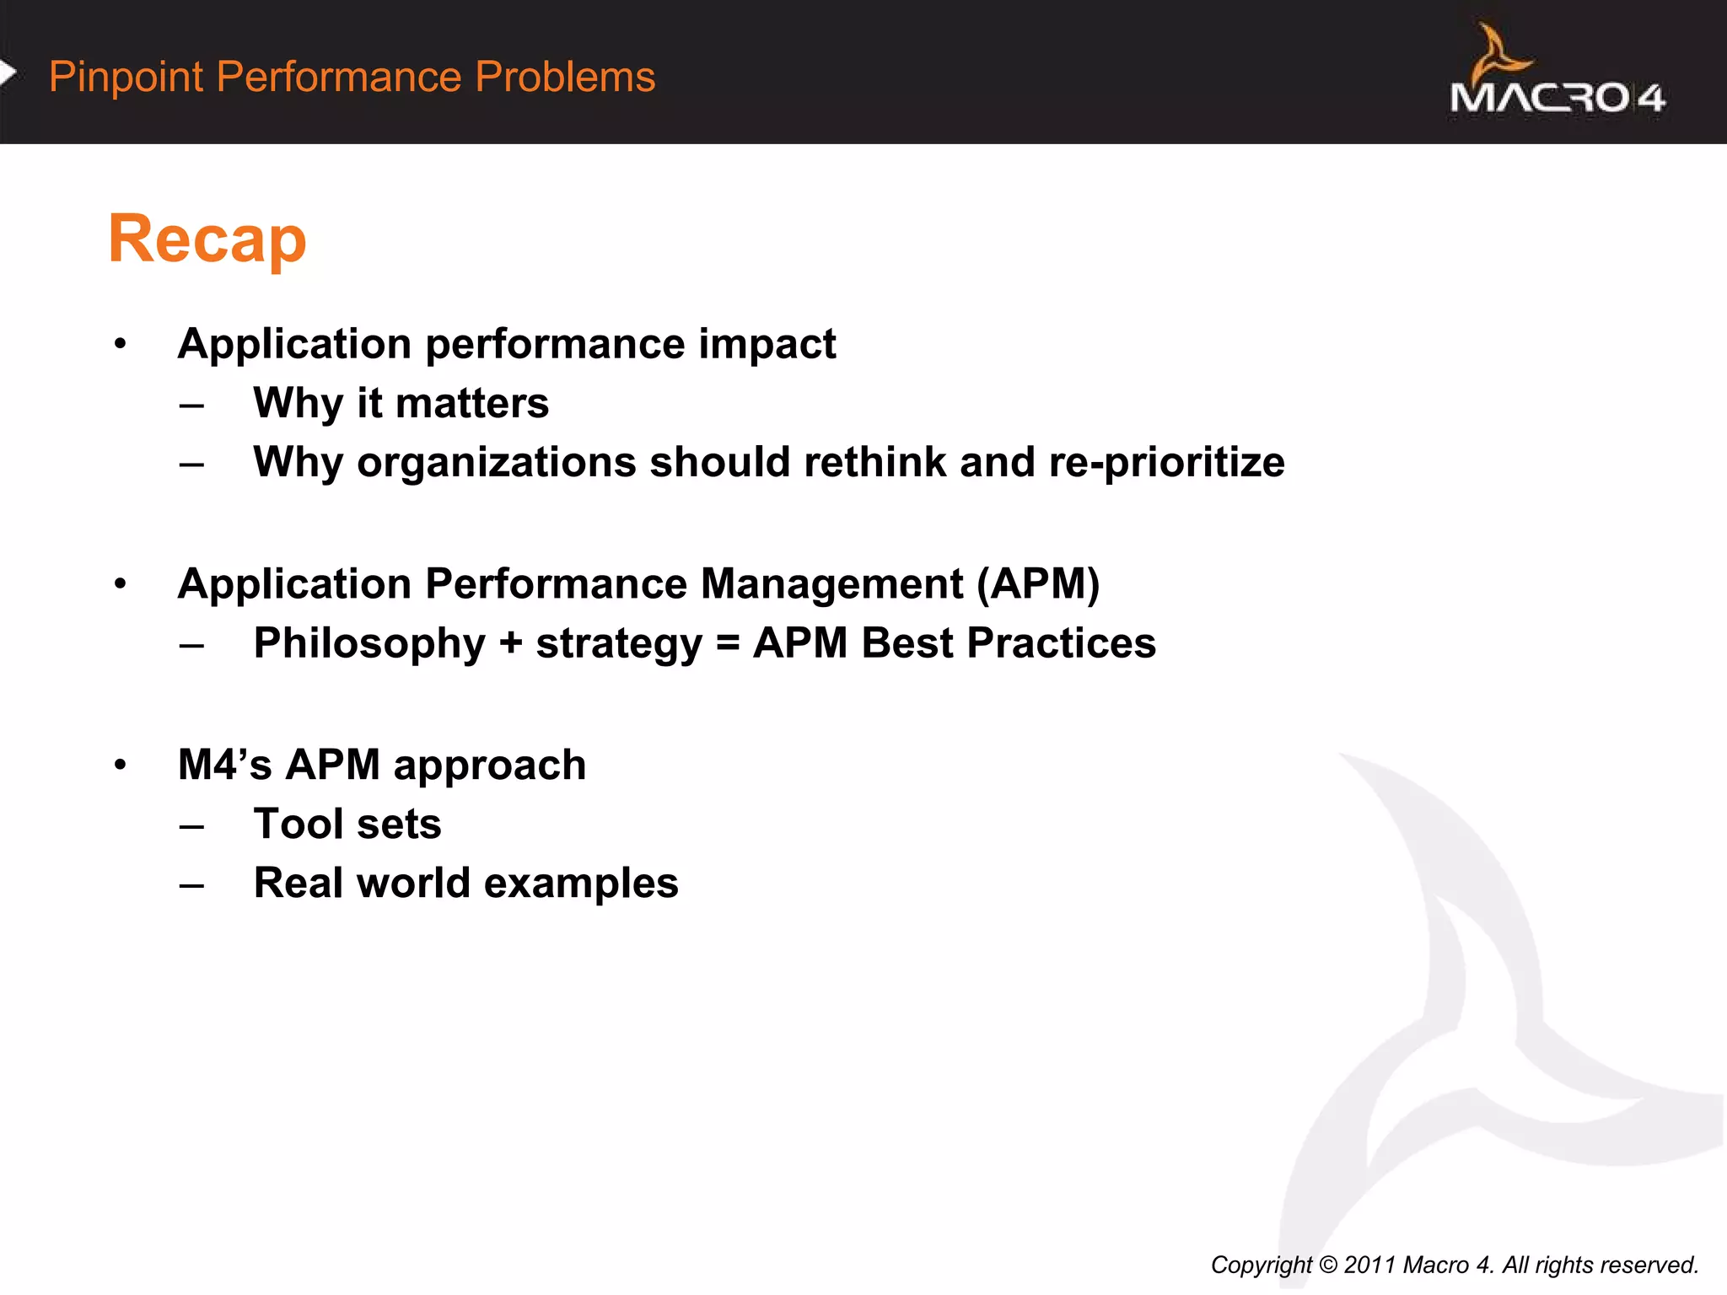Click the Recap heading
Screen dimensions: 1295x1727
tap(207, 239)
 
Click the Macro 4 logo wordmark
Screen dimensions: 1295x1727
tap(1557, 98)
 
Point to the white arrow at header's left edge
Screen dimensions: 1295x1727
tap(8, 73)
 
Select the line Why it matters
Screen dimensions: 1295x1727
tap(401, 403)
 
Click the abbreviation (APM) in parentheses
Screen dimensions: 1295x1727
tap(1038, 584)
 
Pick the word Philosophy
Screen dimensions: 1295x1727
tap(369, 644)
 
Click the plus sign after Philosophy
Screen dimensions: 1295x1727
tap(510, 644)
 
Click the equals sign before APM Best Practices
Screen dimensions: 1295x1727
tap(727, 644)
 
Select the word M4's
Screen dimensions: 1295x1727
tap(224, 766)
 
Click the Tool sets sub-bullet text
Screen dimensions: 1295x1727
tap(347, 825)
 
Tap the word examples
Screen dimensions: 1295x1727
tap(581, 884)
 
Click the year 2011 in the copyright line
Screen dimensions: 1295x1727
tap(1368, 1265)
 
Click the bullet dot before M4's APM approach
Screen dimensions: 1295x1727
tap(121, 766)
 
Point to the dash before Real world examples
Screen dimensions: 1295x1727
tap(191, 886)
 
